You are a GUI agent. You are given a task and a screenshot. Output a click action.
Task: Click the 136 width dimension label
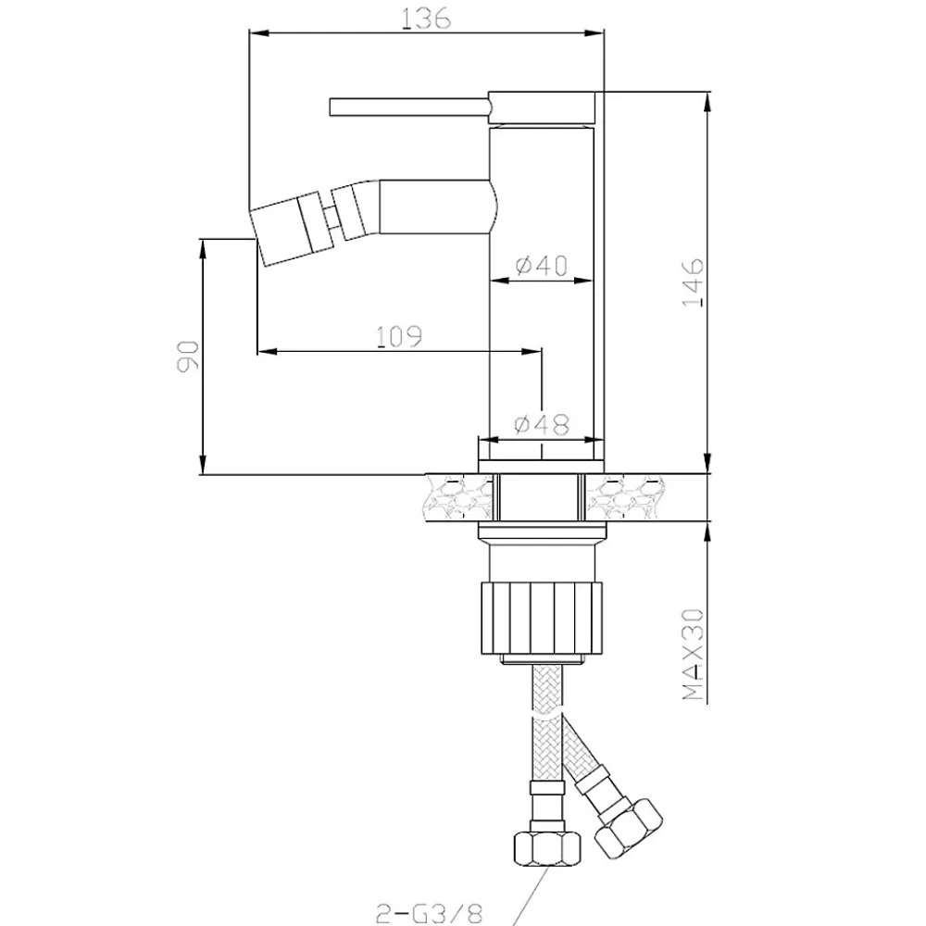(x=426, y=19)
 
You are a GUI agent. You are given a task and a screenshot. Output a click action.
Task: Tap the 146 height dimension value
(x=694, y=282)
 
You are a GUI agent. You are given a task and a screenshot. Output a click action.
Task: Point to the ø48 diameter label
(x=542, y=423)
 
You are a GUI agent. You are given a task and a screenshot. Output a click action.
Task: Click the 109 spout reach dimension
(x=399, y=336)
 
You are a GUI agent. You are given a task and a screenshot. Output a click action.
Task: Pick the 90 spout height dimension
(x=187, y=356)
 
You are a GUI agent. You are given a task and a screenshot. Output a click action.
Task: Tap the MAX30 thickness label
(x=694, y=655)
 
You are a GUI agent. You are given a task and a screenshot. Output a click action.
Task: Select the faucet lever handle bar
(x=410, y=107)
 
